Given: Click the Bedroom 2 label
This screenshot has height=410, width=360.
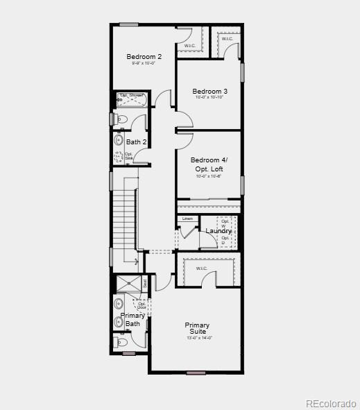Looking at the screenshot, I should [x=144, y=56].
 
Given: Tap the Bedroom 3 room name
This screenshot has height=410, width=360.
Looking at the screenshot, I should [x=209, y=92].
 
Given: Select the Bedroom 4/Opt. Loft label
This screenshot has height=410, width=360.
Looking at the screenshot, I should [x=209, y=164].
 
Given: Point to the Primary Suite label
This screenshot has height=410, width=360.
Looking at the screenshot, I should [x=197, y=328].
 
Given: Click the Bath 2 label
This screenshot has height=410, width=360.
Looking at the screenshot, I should [x=136, y=142].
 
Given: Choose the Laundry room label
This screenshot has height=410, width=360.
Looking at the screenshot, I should [x=218, y=231].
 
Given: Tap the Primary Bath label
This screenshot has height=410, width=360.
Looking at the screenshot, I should [x=132, y=319].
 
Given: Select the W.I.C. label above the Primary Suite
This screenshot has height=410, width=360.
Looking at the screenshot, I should [x=202, y=268].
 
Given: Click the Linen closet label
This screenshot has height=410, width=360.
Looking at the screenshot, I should [x=187, y=219].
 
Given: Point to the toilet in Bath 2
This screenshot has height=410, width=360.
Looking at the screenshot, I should [x=121, y=119].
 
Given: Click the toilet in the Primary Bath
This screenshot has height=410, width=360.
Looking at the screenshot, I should [x=121, y=342].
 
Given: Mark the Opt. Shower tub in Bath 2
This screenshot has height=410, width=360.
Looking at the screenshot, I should [x=131, y=99].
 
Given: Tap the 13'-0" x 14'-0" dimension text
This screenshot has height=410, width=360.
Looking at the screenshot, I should [x=199, y=338].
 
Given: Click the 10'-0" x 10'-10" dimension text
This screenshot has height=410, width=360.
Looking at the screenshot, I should [x=209, y=98].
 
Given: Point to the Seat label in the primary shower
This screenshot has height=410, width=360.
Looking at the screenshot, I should [x=145, y=283].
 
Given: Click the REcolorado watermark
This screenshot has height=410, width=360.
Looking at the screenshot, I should [x=330, y=403].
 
